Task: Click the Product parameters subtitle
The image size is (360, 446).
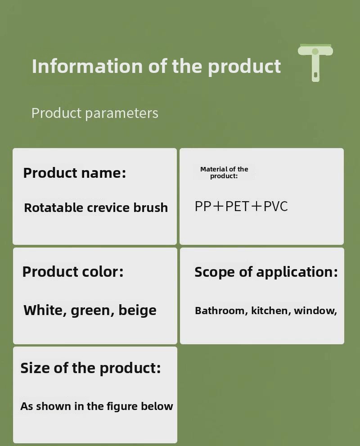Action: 94,113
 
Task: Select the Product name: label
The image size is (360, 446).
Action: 75,173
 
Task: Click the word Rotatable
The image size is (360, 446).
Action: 54,207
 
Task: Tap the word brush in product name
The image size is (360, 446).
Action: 151,207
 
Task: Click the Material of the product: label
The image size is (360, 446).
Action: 224,172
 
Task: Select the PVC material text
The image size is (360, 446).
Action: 275,206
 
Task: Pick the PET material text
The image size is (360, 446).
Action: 237,206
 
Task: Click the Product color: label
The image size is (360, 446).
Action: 73,272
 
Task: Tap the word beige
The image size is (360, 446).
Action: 137,310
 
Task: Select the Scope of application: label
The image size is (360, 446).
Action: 266,272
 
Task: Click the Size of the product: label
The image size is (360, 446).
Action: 91,368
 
